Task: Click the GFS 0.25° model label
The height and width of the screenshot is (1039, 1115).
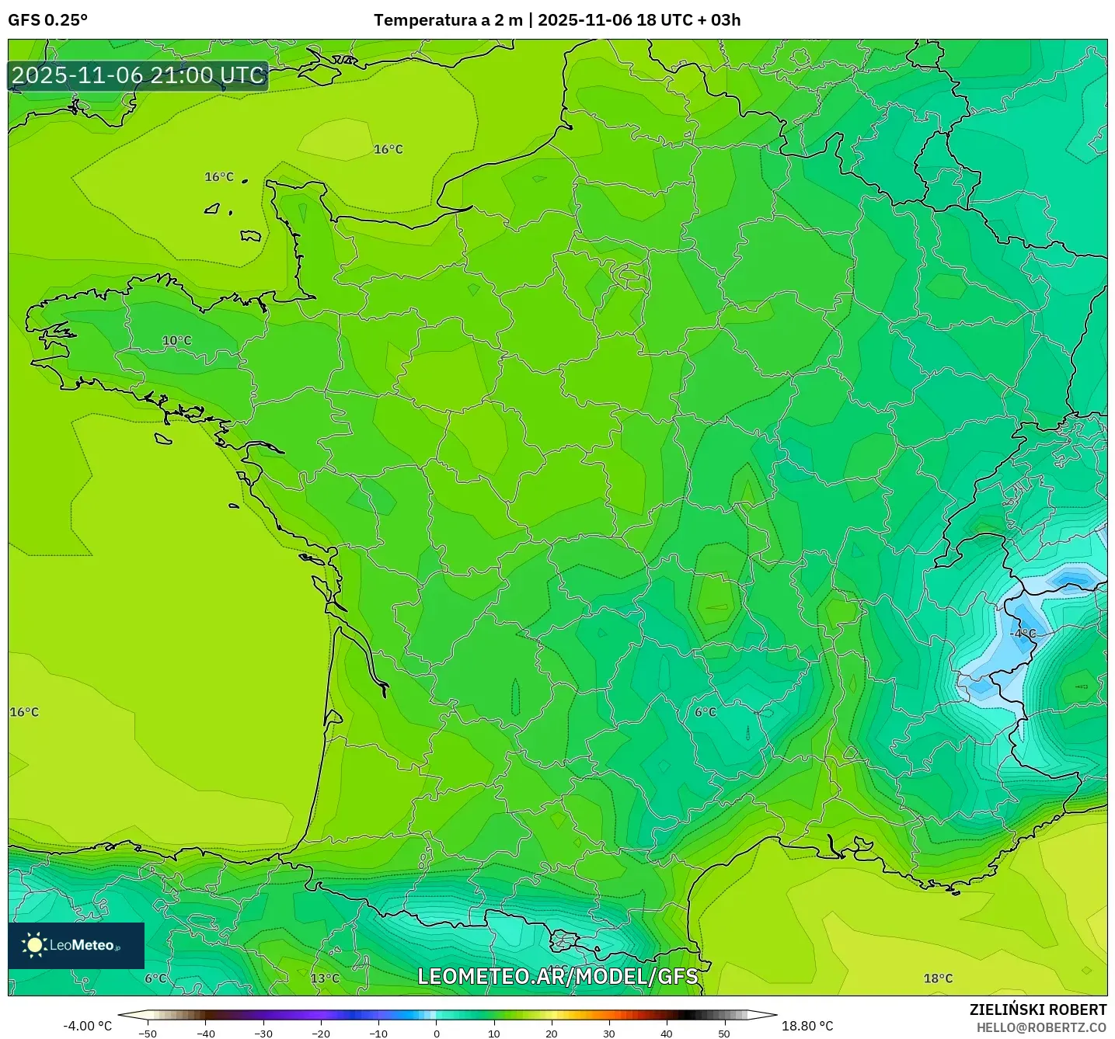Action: [47, 20]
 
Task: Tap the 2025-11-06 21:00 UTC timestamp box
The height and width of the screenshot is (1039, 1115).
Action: [138, 75]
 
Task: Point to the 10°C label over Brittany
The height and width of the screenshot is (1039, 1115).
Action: [176, 341]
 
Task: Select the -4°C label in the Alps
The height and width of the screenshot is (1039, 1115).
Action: [1023, 634]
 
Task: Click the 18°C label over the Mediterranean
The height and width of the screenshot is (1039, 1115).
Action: [938, 978]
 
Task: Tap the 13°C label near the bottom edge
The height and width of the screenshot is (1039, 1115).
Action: [325, 978]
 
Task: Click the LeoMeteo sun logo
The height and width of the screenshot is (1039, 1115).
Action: [34, 945]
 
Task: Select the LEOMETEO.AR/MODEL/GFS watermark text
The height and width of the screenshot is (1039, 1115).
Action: [557, 976]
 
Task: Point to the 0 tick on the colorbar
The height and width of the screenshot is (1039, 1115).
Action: [437, 1033]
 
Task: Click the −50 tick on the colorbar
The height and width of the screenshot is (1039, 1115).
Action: [147, 1033]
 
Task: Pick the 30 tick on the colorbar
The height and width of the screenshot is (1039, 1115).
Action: [609, 1033]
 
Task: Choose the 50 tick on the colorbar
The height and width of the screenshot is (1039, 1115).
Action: [724, 1033]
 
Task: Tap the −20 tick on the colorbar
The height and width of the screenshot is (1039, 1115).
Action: [320, 1033]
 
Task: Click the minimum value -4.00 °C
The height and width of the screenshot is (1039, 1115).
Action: [87, 1026]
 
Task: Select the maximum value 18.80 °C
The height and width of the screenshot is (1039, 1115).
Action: [807, 1026]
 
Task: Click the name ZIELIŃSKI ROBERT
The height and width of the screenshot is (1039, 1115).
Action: [1038, 1009]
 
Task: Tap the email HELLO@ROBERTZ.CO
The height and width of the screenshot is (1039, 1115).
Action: [1041, 1027]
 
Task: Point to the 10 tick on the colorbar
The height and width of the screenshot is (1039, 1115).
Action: [494, 1033]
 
